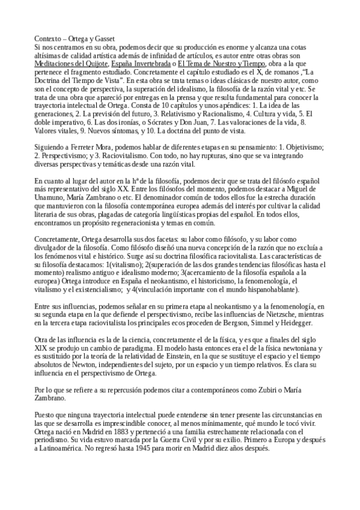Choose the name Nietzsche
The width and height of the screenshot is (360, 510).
pyautogui.click(x=261, y=315)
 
